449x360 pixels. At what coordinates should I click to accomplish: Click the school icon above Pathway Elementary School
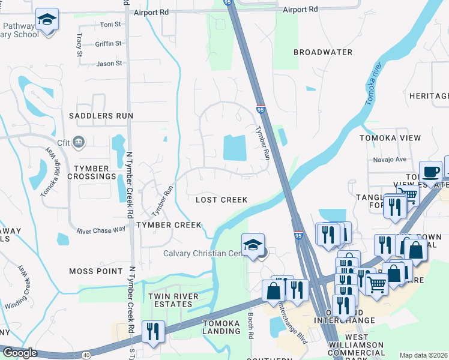[47, 20]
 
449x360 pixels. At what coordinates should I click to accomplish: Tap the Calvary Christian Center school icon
[253, 245]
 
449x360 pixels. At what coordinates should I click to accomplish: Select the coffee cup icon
[430, 172]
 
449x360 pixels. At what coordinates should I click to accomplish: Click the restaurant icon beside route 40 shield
[152, 332]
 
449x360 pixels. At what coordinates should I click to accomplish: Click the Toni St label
[110, 25]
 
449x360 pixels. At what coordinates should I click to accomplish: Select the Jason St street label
[109, 63]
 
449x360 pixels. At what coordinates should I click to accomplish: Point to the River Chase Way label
[101, 229]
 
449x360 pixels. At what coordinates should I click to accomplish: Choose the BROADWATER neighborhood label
[323, 52]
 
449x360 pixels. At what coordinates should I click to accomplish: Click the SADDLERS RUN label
[101, 115]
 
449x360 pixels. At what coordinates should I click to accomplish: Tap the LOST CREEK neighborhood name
[221, 200]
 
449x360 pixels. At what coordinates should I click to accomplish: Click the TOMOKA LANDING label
[221, 327]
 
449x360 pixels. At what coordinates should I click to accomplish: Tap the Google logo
[20, 353]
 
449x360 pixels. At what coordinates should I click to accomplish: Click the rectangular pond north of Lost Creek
[235, 148]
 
